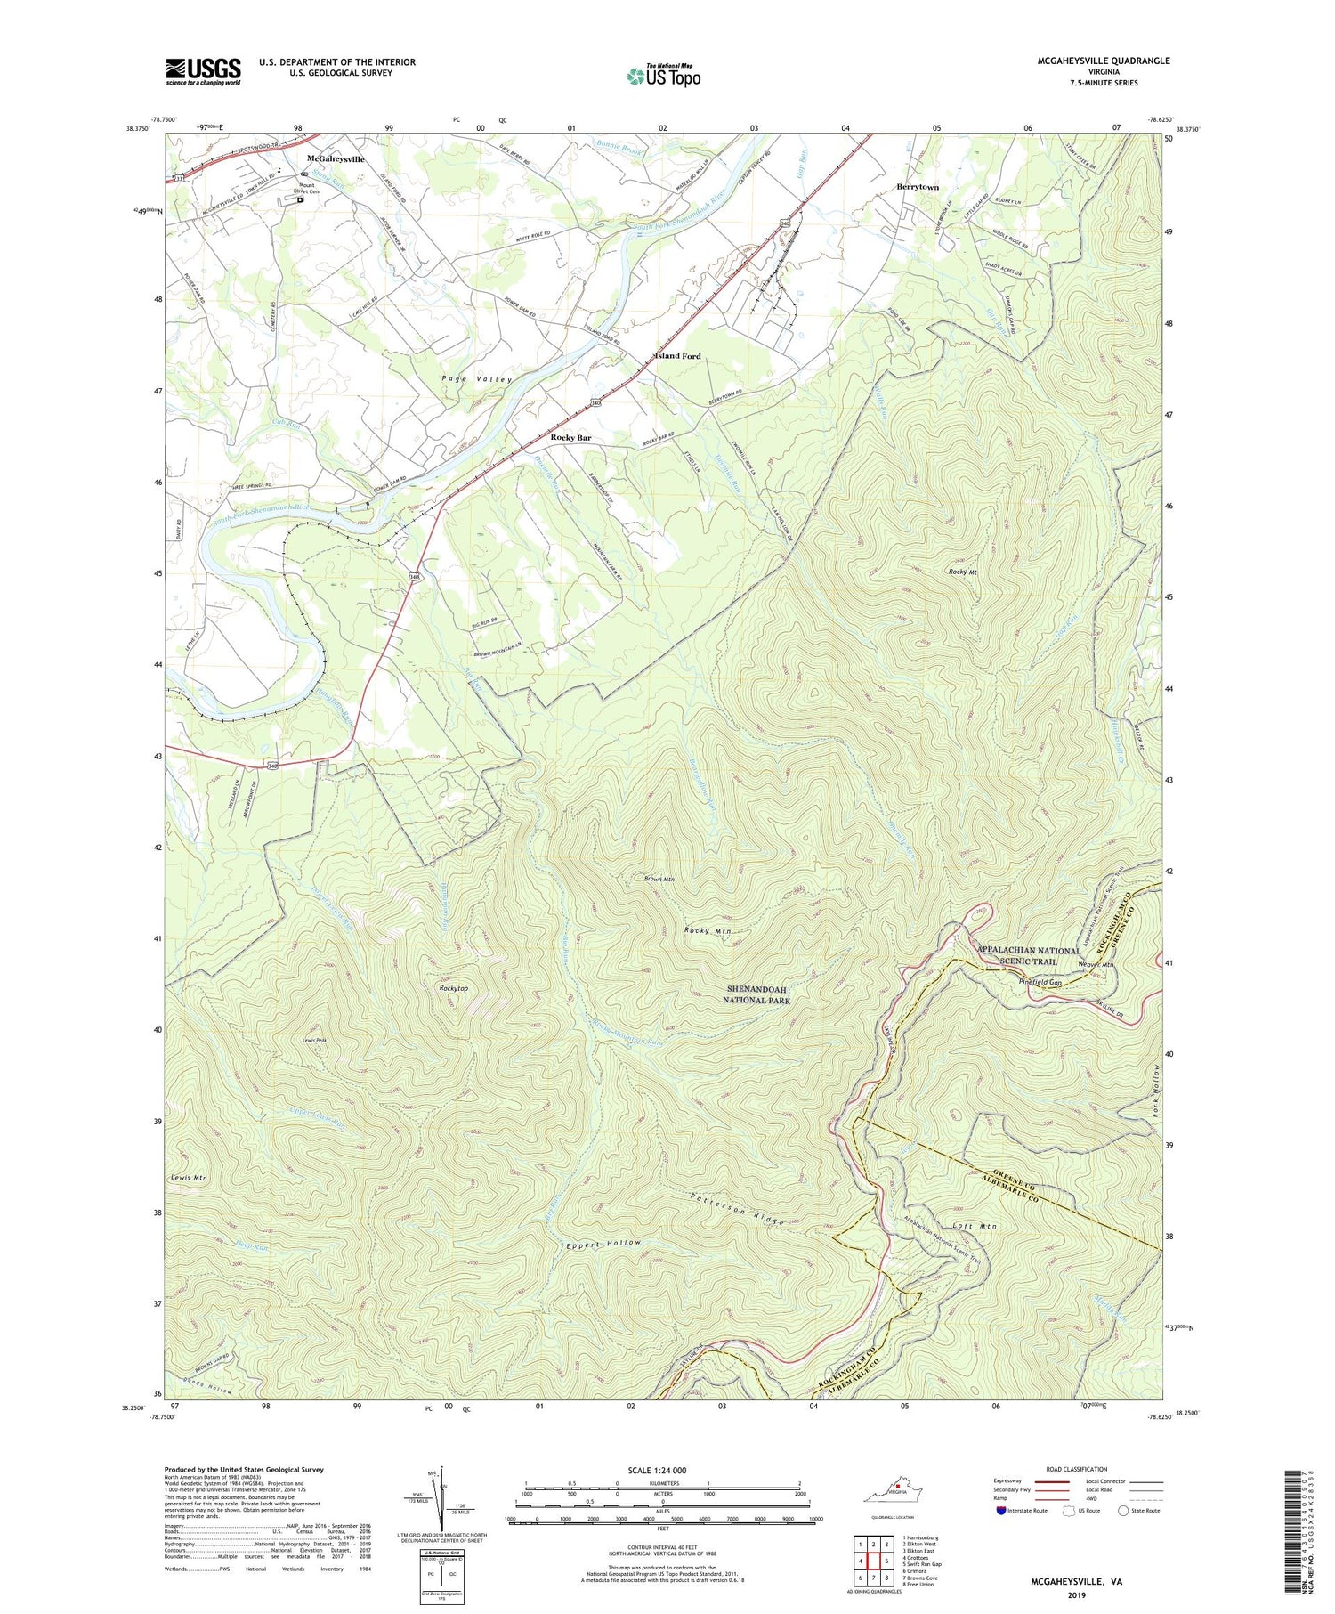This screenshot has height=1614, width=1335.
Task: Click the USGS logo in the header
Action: click(x=203, y=71)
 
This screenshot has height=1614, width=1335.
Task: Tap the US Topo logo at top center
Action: click(x=663, y=76)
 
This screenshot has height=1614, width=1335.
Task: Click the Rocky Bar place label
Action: click(x=570, y=438)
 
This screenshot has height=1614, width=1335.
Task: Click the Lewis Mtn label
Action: click(x=189, y=1178)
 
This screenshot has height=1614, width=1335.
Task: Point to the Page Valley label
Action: click(x=478, y=380)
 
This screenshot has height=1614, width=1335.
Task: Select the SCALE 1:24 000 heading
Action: click(x=662, y=1470)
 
